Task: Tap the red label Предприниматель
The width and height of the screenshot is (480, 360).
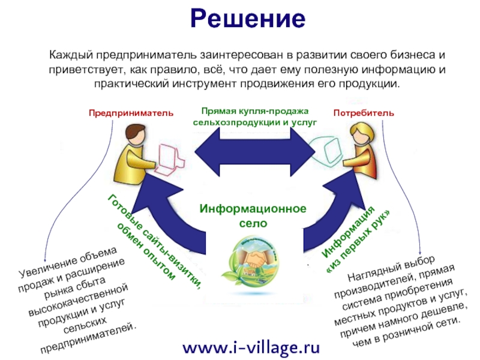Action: tap(131, 113)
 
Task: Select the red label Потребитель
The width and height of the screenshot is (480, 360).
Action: tap(364, 113)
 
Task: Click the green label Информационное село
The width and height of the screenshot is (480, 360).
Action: tap(253, 215)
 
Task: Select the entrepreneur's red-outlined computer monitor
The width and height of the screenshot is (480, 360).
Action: tap(172, 154)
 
